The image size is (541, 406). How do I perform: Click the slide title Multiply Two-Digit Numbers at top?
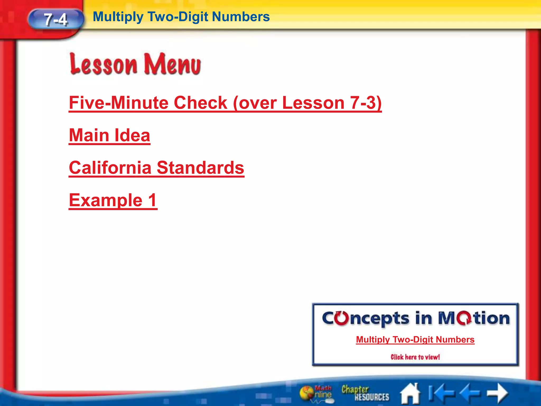coord(181,17)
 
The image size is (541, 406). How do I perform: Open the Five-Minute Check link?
coord(225,103)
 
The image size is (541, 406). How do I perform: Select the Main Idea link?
coord(110,135)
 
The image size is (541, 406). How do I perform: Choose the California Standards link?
coord(156,168)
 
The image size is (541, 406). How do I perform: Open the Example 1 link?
coord(113,200)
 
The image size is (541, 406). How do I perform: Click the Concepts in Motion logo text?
coord(416,318)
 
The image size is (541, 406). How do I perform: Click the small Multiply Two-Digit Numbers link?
coord(415,340)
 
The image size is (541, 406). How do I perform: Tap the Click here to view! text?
coord(415,357)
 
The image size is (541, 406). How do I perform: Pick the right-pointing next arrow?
coord(497,393)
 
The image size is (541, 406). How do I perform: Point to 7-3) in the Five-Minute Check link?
coord(366,103)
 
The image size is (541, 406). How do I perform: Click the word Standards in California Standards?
coord(200,168)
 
